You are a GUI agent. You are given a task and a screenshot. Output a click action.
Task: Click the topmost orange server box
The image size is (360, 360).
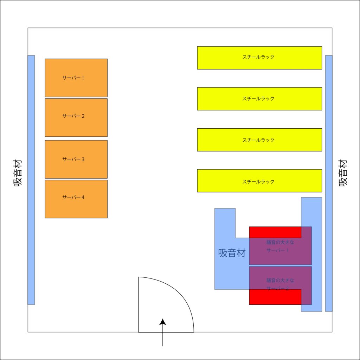click(76, 78)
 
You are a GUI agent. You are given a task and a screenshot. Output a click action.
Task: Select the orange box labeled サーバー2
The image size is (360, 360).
click(76, 117)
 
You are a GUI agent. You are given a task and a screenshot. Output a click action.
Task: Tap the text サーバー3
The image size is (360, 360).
click(73, 159)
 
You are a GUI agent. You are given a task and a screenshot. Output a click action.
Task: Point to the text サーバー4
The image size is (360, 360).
click(73, 197)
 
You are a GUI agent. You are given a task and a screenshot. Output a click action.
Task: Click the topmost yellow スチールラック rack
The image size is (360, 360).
click(259, 58)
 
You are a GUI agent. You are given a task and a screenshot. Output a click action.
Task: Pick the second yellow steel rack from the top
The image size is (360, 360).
click(259, 99)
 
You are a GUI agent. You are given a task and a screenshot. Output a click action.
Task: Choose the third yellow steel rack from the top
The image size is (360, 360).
click(259, 140)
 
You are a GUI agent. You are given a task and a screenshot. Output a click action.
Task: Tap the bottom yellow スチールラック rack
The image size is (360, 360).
click(259, 181)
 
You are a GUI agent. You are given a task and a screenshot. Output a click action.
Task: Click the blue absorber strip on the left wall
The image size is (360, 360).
click(31, 180)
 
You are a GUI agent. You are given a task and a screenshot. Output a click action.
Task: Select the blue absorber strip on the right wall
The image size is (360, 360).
click(329, 183)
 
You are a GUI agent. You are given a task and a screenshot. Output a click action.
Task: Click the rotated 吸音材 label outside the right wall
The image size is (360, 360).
click(343, 173)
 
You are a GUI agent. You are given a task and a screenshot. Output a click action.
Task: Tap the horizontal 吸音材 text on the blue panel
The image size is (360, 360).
click(232, 253)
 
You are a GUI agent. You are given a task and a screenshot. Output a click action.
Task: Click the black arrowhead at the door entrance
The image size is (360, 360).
click(163, 322)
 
